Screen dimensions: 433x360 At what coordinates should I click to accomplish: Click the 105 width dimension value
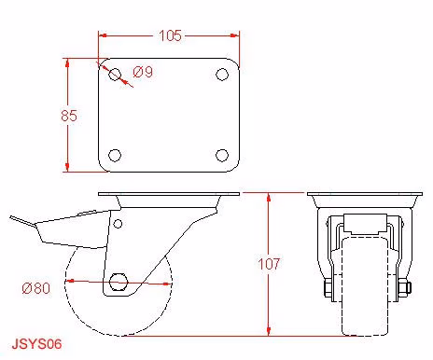point(170,35)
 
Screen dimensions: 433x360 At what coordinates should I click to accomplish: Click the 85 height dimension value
point(69,116)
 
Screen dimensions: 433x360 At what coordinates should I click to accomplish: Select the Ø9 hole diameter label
point(143,72)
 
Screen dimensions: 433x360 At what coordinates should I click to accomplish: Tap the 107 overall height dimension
point(270,264)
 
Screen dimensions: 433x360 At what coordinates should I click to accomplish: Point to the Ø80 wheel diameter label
point(36,288)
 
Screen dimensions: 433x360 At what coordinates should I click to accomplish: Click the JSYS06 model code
point(36,344)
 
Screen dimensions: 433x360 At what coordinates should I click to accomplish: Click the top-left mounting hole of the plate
point(115,75)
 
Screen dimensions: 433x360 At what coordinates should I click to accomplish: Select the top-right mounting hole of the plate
point(222,75)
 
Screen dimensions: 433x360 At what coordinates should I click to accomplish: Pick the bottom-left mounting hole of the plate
point(115,156)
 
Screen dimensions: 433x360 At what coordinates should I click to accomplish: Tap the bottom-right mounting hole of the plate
point(222,156)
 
